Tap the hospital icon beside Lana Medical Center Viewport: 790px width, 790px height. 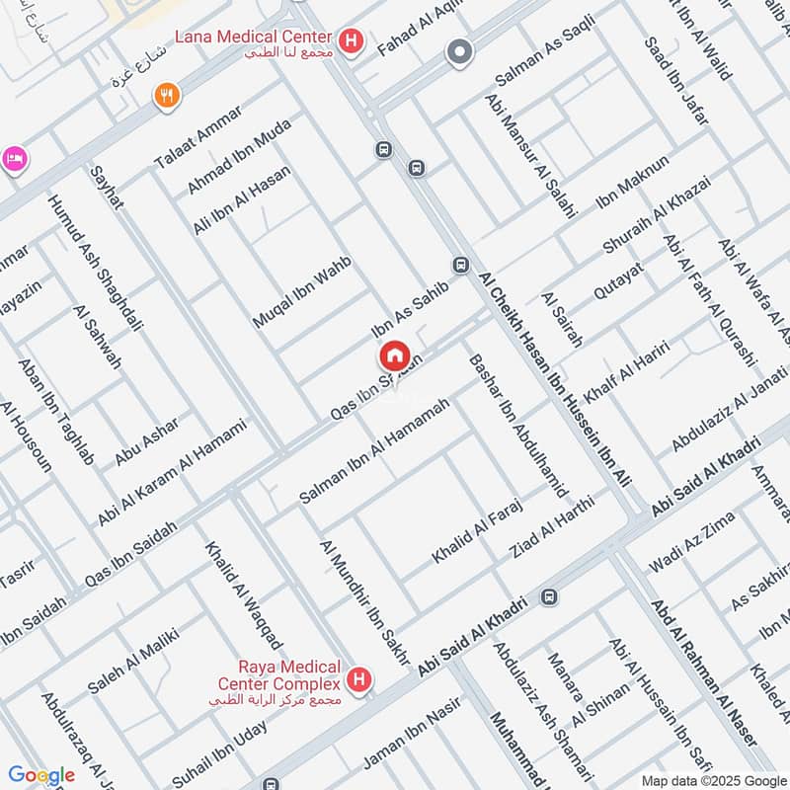pyautogui.click(x=350, y=40)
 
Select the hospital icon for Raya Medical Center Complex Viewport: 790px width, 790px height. pyautogui.click(x=361, y=679)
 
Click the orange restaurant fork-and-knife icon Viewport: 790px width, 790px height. pyautogui.click(x=168, y=95)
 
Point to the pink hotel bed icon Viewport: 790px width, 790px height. pyautogui.click(x=13, y=159)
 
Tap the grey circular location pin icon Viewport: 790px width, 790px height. pyautogui.click(x=458, y=51)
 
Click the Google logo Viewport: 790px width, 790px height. pyautogui.click(x=41, y=775)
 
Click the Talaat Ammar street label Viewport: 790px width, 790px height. pyautogui.click(x=197, y=147)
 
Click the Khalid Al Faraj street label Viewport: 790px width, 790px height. pyautogui.click(x=476, y=532)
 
